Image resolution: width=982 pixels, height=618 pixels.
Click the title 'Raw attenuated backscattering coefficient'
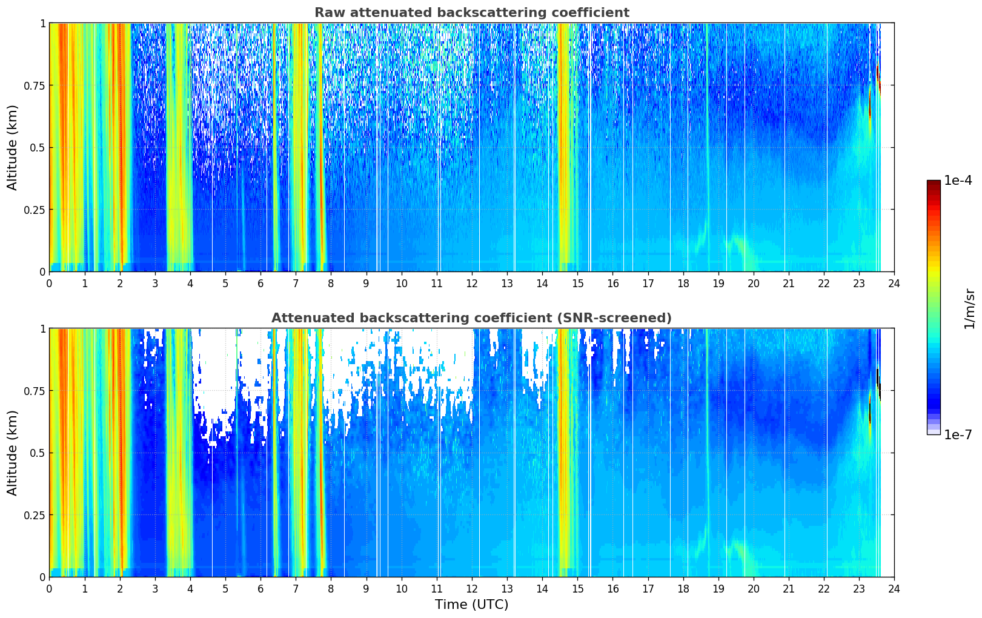point(472,12)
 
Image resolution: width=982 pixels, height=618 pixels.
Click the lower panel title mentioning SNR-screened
point(471,317)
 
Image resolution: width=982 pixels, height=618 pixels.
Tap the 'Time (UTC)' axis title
point(471,605)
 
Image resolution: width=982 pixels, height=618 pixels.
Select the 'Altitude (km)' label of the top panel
point(12,147)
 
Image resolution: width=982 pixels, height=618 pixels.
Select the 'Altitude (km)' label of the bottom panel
point(12,453)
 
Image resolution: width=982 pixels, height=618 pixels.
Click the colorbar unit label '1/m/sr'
point(969,308)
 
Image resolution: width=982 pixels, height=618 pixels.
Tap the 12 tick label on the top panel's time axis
point(472,283)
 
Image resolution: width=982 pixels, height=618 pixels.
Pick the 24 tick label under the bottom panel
point(894,589)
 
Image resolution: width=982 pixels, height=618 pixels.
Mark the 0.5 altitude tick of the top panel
point(37,148)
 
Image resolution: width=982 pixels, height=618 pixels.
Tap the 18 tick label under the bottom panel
point(683,589)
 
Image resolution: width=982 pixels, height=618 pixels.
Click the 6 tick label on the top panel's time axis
point(260,283)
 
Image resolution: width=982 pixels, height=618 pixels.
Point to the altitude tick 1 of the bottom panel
point(42,329)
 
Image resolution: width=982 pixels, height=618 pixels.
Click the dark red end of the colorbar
point(934,183)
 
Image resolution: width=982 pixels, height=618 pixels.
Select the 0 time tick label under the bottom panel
point(49,589)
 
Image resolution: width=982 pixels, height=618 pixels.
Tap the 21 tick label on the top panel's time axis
point(789,283)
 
